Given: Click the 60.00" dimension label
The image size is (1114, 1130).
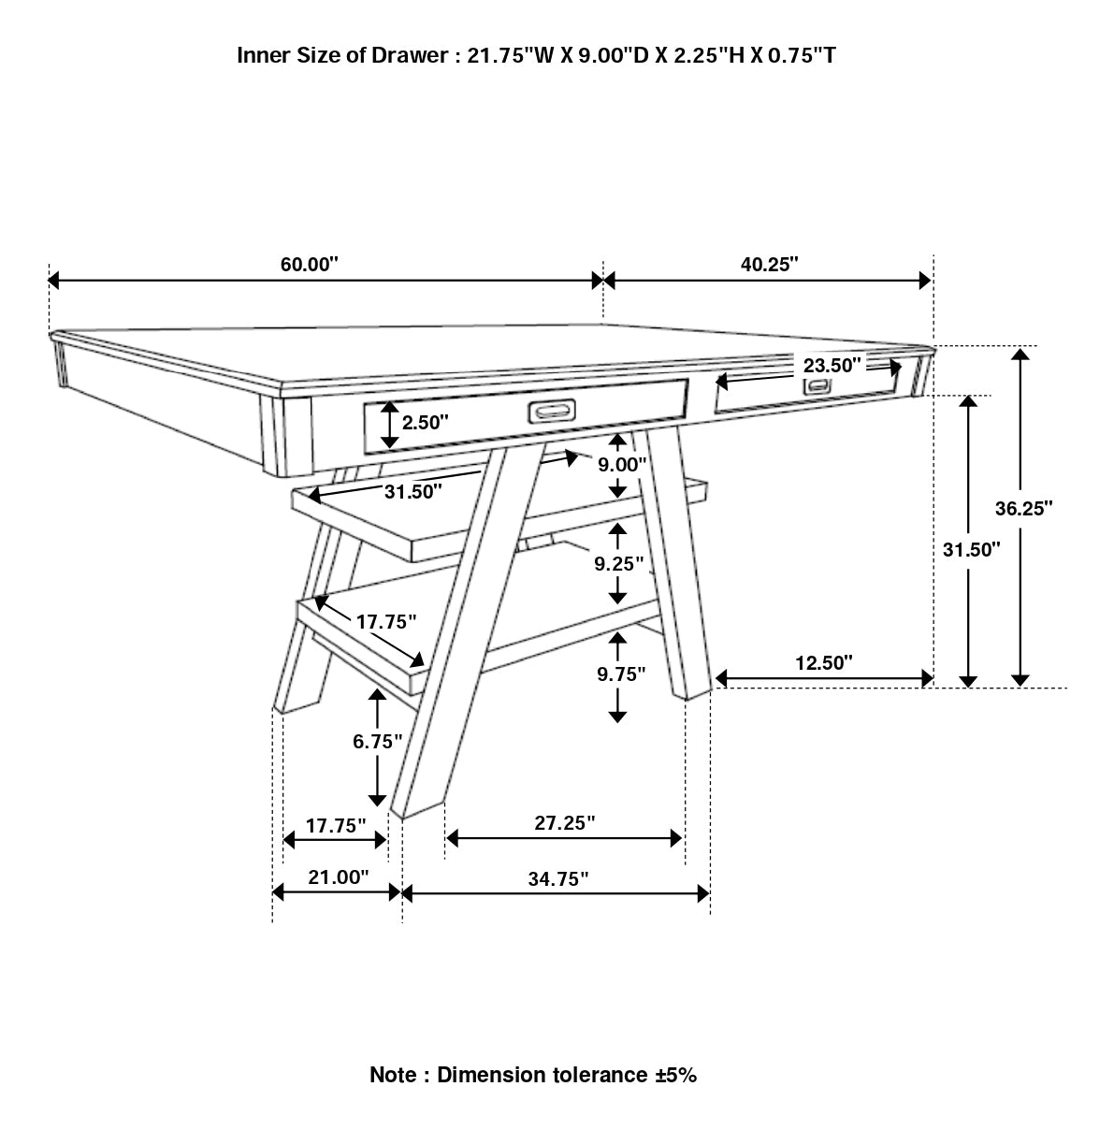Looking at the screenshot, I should (x=309, y=264).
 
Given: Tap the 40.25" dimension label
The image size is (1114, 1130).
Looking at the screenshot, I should (x=769, y=264).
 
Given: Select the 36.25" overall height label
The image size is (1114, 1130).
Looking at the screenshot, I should (x=1023, y=508).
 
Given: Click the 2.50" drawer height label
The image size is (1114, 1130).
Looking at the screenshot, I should (x=426, y=422).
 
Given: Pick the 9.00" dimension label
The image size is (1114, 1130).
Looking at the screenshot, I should (x=622, y=464).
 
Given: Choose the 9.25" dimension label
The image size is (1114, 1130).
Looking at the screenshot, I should (x=619, y=563).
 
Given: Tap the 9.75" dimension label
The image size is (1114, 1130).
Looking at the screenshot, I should (x=620, y=674).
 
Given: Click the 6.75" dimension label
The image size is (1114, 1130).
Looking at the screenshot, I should (x=377, y=741).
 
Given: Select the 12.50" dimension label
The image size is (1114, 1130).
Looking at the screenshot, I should (x=824, y=663).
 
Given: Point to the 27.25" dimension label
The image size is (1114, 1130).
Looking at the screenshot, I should (x=565, y=822).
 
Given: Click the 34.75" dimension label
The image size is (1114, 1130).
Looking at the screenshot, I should (x=557, y=878).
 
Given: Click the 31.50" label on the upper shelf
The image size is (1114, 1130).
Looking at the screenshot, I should (x=412, y=492).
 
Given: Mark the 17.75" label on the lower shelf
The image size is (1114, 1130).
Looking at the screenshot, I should (x=385, y=621).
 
